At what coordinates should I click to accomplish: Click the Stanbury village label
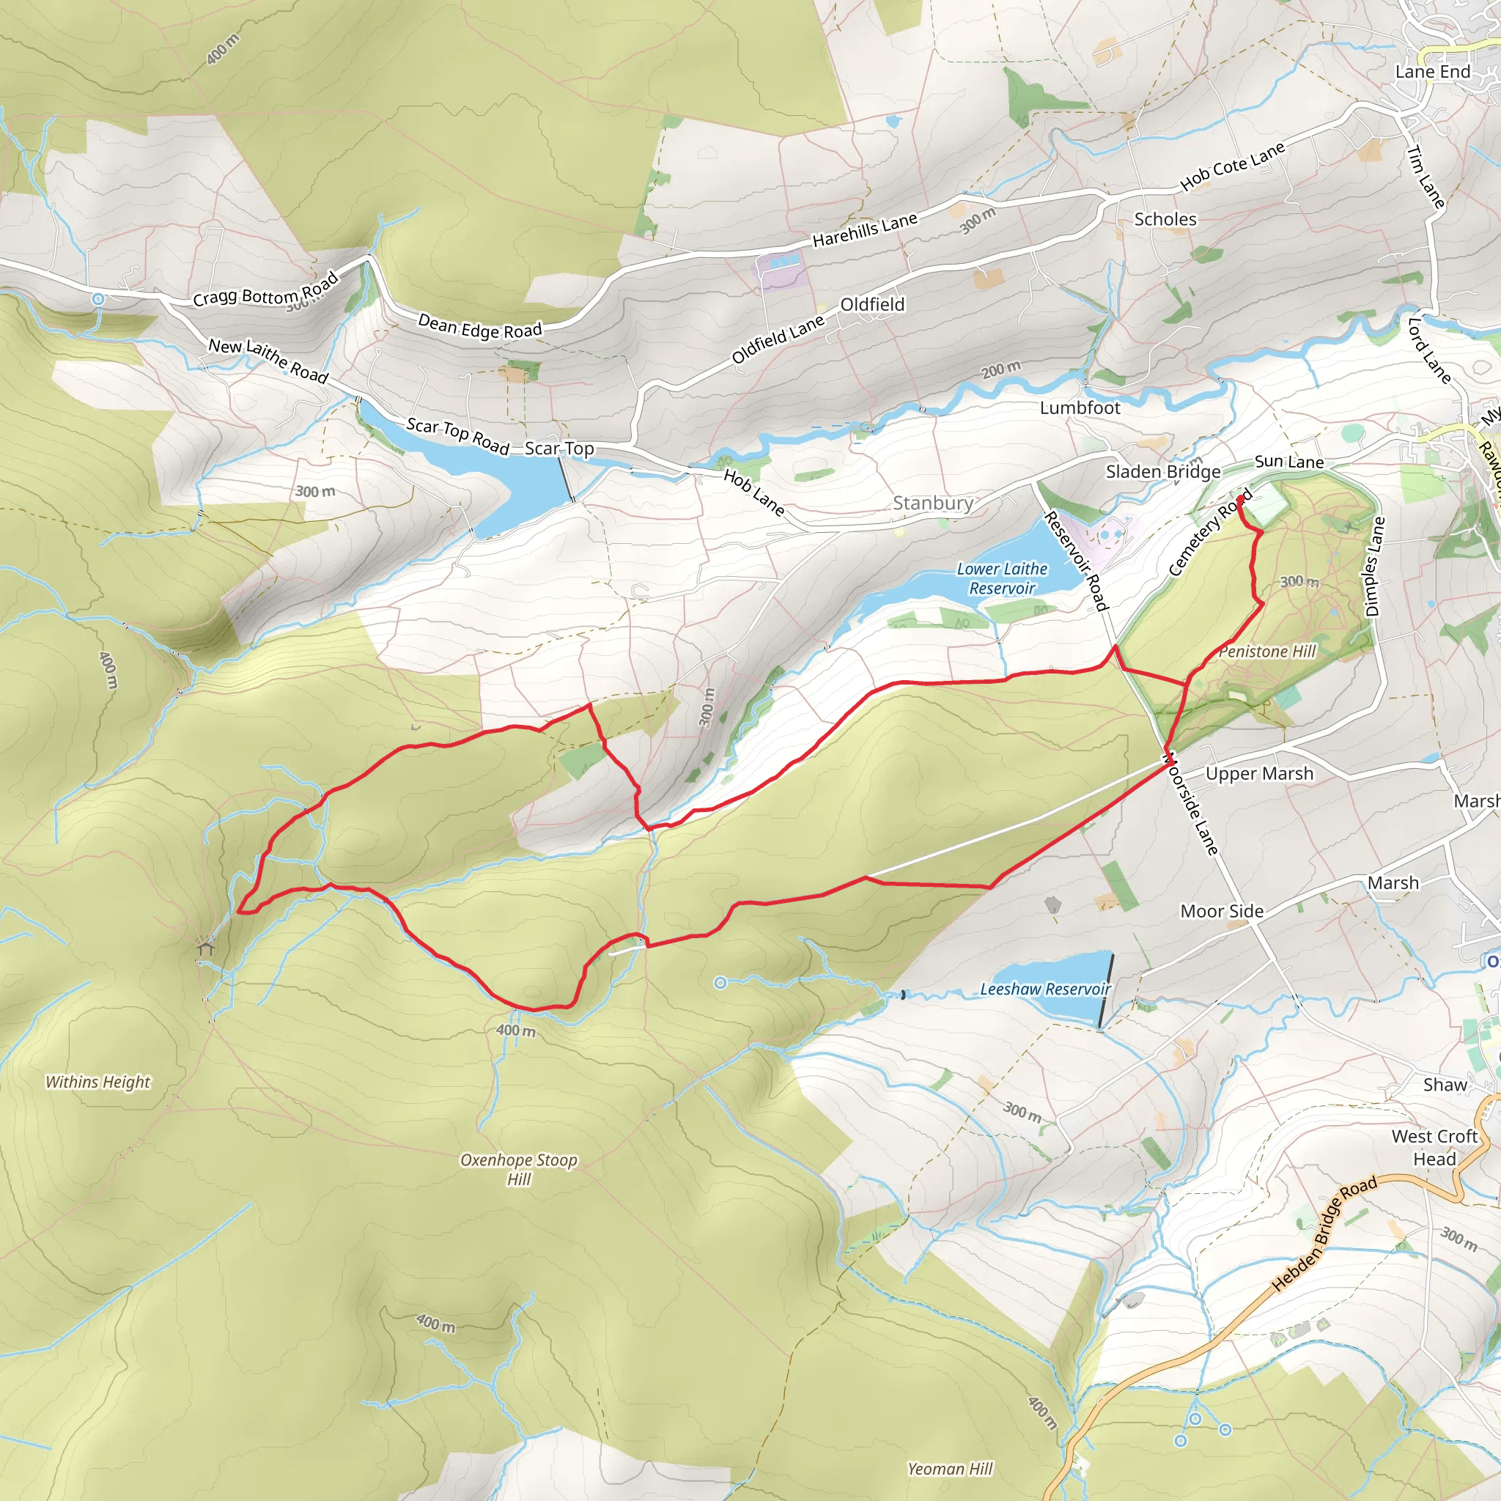(x=932, y=504)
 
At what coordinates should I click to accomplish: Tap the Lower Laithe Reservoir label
(x=1001, y=579)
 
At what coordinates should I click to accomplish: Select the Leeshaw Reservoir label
(x=1045, y=989)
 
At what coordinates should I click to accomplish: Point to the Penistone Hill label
(x=1267, y=651)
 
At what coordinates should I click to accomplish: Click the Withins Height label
(x=98, y=1082)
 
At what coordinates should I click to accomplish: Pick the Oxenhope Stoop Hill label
(x=519, y=1168)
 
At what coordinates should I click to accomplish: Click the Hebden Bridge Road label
(x=1324, y=1233)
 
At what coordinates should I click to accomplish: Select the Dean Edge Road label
(x=479, y=326)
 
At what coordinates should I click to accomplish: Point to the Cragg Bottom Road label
(x=266, y=290)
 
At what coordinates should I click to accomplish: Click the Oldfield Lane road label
(x=778, y=339)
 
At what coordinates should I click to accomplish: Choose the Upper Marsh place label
(x=1259, y=773)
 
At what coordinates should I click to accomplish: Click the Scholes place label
(x=1165, y=219)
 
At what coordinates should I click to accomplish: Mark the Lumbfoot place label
(x=1080, y=408)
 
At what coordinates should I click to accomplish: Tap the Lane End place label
(x=1433, y=72)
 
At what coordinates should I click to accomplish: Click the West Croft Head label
(x=1434, y=1147)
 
